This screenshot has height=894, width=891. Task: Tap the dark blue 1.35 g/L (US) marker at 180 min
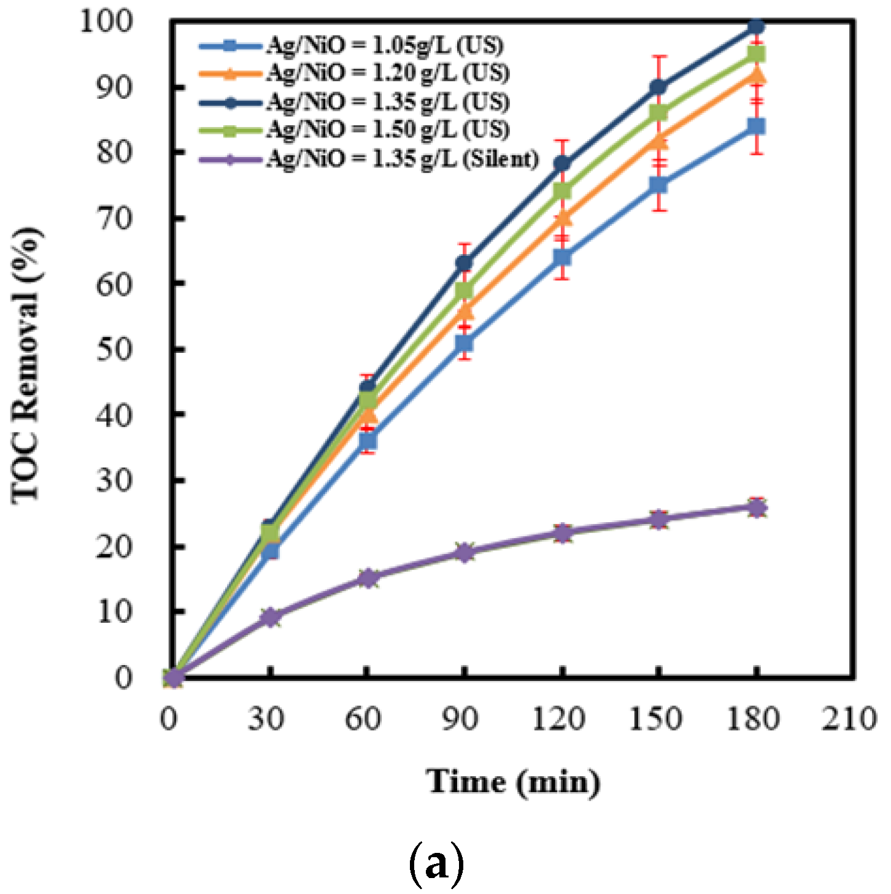click(756, 26)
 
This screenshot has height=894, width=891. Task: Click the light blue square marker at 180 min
click(756, 126)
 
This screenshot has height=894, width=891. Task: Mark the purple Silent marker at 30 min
click(270, 617)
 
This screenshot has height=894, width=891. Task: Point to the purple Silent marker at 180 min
click(756, 507)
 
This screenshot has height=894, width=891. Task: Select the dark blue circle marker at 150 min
click(658, 87)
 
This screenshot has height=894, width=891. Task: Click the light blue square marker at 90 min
click(465, 343)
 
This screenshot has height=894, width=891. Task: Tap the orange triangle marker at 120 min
click(562, 218)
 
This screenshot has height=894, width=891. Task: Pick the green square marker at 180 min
click(756, 55)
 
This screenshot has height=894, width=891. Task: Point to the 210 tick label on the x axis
click(849, 718)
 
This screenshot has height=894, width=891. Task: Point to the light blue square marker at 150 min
click(658, 185)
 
